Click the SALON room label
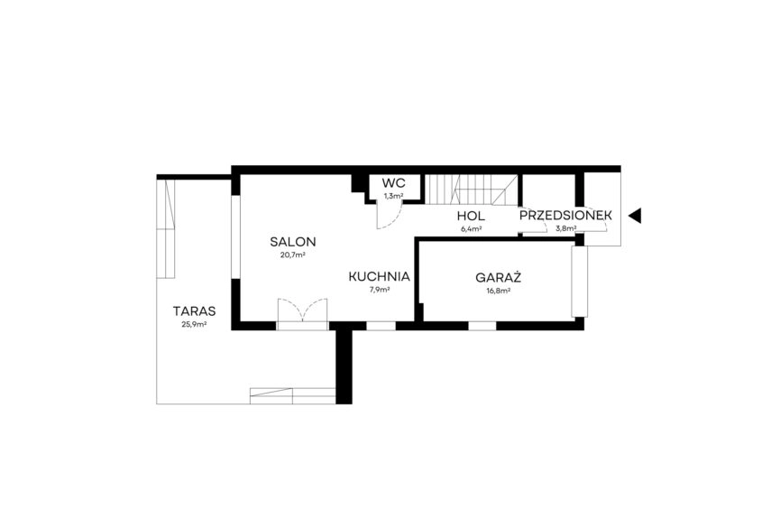tap(293, 242)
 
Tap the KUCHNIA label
tap(379, 277)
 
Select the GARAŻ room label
tap(498, 277)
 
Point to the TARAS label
tap(195, 311)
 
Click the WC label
tap(394, 183)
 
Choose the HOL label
tap(471, 216)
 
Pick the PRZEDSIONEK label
tap(565, 216)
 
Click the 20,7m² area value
tap(292, 255)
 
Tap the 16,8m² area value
tap(498, 291)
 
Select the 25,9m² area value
tap(195, 324)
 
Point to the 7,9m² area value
tap(379, 290)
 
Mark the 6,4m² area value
tap(472, 228)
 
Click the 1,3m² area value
tap(394, 196)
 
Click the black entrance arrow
tap(635, 216)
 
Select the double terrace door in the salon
tap(302, 314)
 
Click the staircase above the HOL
tap(472, 190)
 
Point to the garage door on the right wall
tap(579, 282)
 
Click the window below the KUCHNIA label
tap(381, 326)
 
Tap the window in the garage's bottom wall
tap(482, 326)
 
